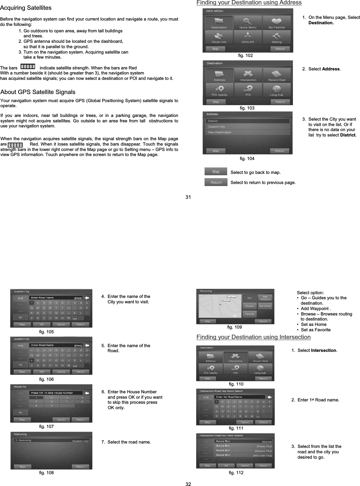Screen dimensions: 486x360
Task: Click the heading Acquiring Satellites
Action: tap(26, 8)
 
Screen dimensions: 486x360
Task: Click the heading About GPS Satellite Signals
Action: tap(38, 92)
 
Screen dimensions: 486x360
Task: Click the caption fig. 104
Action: tap(247, 158)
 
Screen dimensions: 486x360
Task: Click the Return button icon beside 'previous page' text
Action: tap(216, 182)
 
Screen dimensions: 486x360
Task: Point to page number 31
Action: tap(188, 197)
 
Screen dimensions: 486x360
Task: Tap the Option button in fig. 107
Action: tap(61, 420)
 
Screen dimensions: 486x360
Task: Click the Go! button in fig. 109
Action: tap(250, 298)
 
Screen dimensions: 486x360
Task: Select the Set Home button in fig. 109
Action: tap(265, 306)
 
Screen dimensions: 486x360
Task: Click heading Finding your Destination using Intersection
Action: tap(253, 337)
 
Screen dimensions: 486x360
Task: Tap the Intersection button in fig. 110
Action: tap(235, 357)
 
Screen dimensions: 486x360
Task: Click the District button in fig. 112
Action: tap(245, 465)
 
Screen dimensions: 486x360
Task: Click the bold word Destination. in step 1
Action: tap(321, 23)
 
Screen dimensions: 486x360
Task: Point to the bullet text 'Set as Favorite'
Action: tap(316, 330)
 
